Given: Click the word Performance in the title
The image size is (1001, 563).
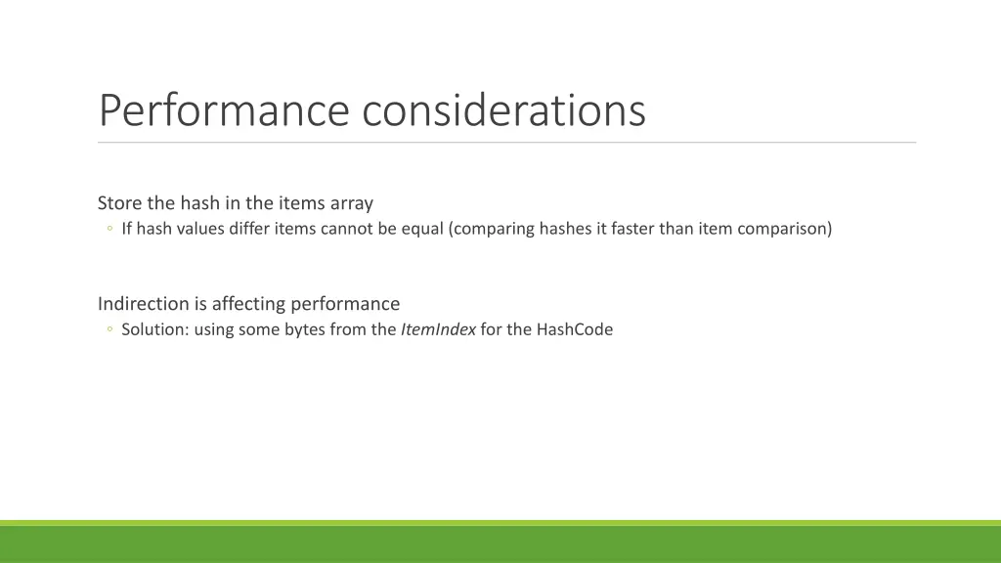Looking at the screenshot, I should click(x=224, y=110).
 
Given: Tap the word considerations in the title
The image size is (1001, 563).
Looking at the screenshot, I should click(x=503, y=110).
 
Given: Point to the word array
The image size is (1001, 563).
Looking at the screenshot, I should click(x=352, y=203).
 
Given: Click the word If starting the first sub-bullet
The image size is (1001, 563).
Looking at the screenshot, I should click(x=127, y=230).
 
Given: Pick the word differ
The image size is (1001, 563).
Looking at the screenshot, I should click(x=249, y=230).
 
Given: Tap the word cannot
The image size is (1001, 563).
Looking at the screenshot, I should click(x=347, y=230).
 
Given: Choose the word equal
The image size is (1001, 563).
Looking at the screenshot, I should click(x=422, y=230).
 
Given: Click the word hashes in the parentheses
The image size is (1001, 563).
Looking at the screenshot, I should click(x=565, y=230).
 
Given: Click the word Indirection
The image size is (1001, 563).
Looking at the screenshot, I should click(x=143, y=304).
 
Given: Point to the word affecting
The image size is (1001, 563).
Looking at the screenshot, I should click(x=250, y=304).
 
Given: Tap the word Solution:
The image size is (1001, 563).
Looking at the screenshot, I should click(x=155, y=329).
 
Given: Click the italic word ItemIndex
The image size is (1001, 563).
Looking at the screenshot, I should click(x=438, y=329).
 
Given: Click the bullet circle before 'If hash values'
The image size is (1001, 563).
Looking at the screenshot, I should click(x=109, y=230).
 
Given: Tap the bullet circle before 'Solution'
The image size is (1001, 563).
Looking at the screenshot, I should click(x=109, y=329).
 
